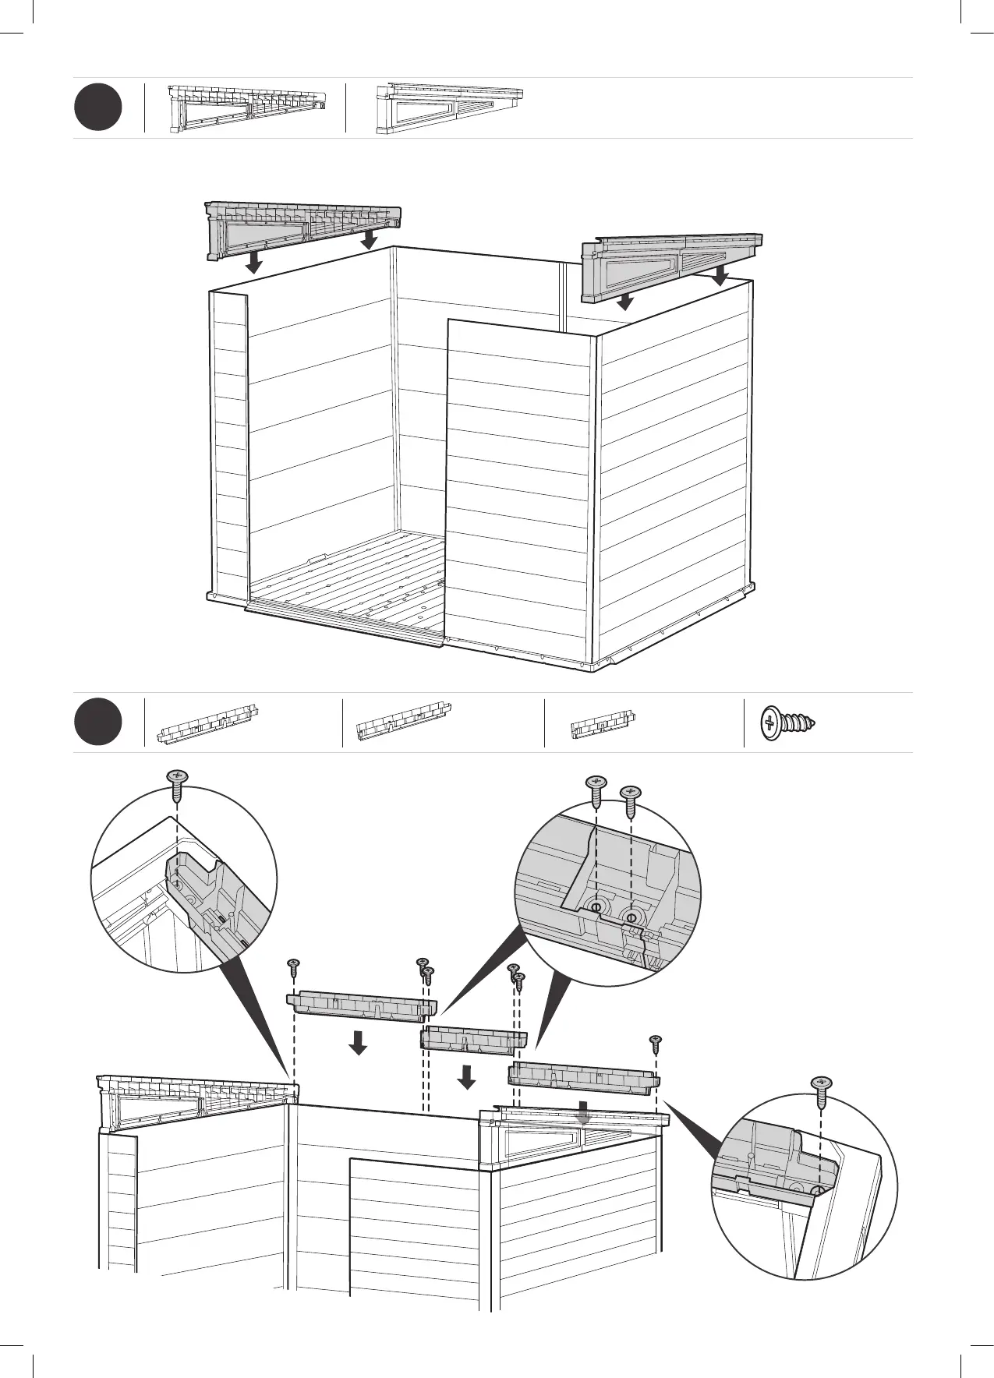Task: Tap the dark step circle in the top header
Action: pyautogui.click(x=98, y=108)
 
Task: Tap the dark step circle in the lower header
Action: pyautogui.click(x=98, y=723)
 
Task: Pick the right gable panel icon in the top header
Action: pyautogui.click(x=449, y=108)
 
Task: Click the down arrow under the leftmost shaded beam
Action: pyautogui.click(x=358, y=1042)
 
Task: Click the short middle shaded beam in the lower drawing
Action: pyautogui.click(x=474, y=1039)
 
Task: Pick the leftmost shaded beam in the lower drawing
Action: pyautogui.click(x=362, y=1004)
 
